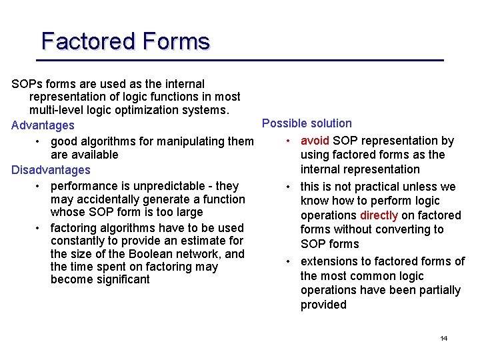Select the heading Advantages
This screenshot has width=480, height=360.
pos(43,125)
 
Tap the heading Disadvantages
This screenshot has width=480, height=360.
pos(51,170)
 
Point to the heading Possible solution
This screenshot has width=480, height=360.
pos(307,123)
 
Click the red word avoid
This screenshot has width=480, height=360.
pos(315,141)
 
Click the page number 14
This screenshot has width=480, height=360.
pos(443,339)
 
